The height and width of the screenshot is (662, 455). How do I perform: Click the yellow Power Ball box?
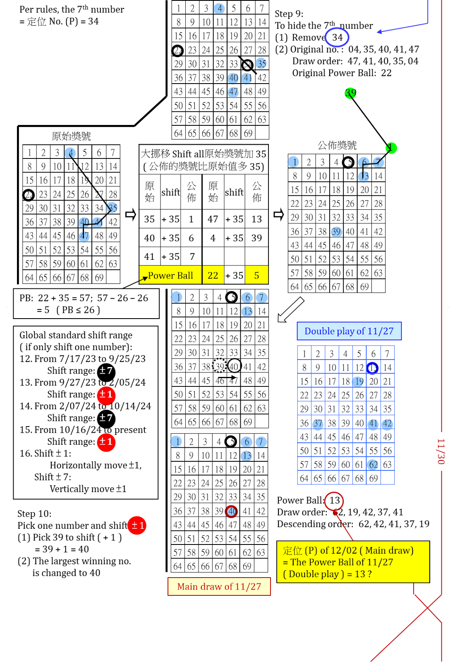tap(170, 275)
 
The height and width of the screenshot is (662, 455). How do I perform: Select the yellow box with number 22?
tap(213, 275)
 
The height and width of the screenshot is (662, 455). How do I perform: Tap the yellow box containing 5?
tap(256, 275)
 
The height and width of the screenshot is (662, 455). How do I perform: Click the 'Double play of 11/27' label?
tap(349, 331)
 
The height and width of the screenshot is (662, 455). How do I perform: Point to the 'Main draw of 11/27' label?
tap(219, 586)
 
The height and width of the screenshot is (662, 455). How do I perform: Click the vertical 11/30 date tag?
tap(441, 451)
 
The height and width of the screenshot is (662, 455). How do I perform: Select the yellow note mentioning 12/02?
tap(353, 562)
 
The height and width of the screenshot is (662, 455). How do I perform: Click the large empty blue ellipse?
tap(337, 37)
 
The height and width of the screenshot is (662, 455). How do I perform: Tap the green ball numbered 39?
tap(350, 94)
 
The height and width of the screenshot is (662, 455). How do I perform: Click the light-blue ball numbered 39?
tap(336, 232)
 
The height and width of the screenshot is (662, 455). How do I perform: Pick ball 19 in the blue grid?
tap(358, 381)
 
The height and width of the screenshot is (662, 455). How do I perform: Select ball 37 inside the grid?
tap(318, 424)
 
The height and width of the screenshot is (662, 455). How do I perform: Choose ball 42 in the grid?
tap(387, 424)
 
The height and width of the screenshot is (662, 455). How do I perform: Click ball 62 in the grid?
tap(373, 465)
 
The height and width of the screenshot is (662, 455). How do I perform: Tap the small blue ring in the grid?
tap(372, 367)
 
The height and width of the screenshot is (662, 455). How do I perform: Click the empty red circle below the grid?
tap(334, 501)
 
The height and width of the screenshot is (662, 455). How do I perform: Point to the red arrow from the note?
tap(343, 525)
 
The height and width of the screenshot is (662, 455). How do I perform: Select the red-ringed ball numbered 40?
tap(231, 511)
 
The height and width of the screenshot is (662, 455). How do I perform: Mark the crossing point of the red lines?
tap(427, 607)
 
